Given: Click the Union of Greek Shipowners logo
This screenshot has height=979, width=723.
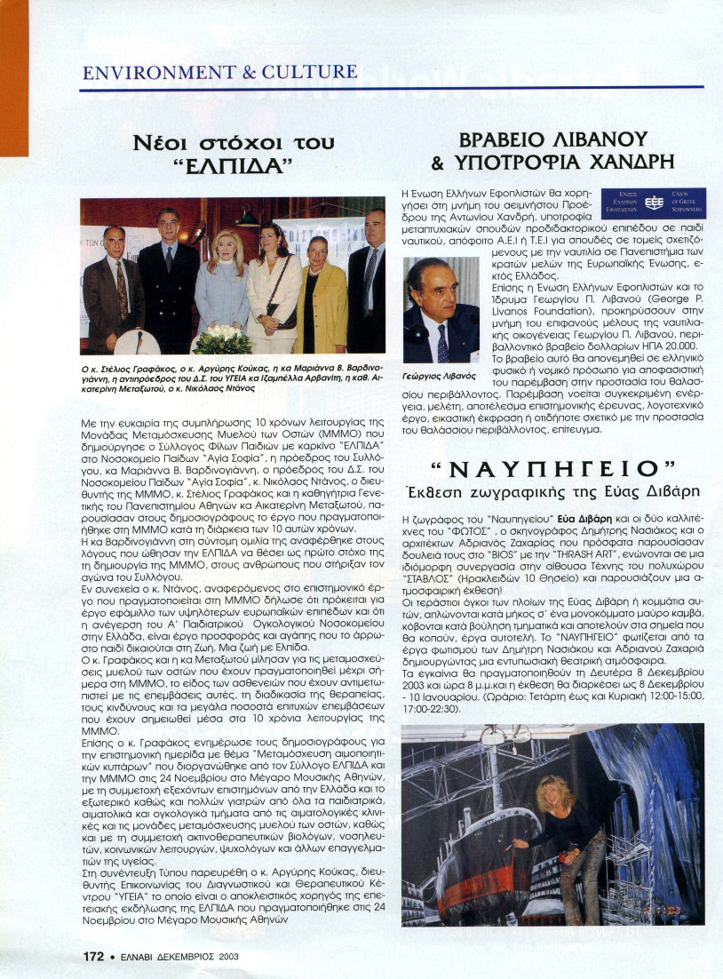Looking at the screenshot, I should pos(653,203).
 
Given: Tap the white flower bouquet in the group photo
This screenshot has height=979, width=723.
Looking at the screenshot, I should pos(223,338).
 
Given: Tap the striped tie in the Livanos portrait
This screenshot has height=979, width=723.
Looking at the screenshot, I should pos(442,343).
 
